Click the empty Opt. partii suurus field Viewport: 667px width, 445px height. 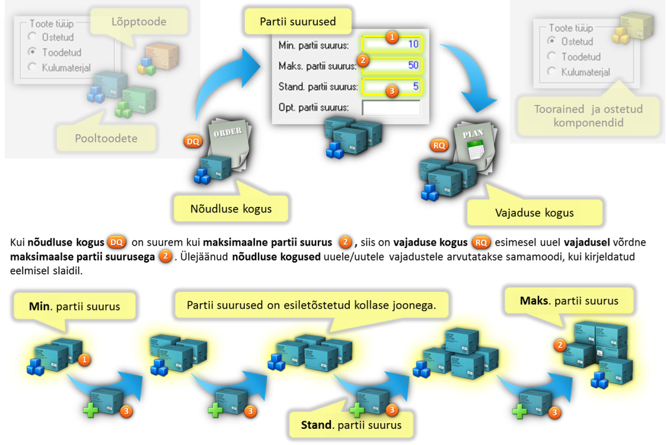391,107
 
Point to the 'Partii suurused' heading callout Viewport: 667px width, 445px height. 298,21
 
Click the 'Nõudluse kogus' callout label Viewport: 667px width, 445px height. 231,209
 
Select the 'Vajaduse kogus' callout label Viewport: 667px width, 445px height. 534,212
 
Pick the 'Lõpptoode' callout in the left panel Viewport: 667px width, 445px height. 139,22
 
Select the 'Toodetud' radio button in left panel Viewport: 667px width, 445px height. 32,52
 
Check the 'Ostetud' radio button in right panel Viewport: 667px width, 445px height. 551,41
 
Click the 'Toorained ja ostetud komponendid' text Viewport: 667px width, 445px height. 588,116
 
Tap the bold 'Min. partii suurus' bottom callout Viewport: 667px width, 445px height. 74,307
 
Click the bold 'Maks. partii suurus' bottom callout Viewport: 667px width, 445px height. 569,301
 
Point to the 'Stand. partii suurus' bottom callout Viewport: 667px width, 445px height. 351,426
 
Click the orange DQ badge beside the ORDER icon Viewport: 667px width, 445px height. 193,142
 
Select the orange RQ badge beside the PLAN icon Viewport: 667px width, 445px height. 440,146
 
